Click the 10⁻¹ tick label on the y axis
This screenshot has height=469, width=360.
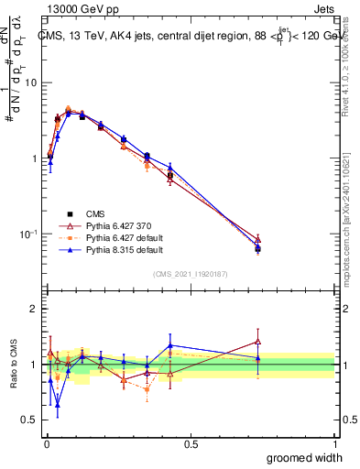28,234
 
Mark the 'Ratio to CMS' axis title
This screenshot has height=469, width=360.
12,365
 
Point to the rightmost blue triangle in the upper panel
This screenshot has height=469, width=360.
257,248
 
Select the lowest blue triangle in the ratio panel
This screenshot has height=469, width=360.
58,404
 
